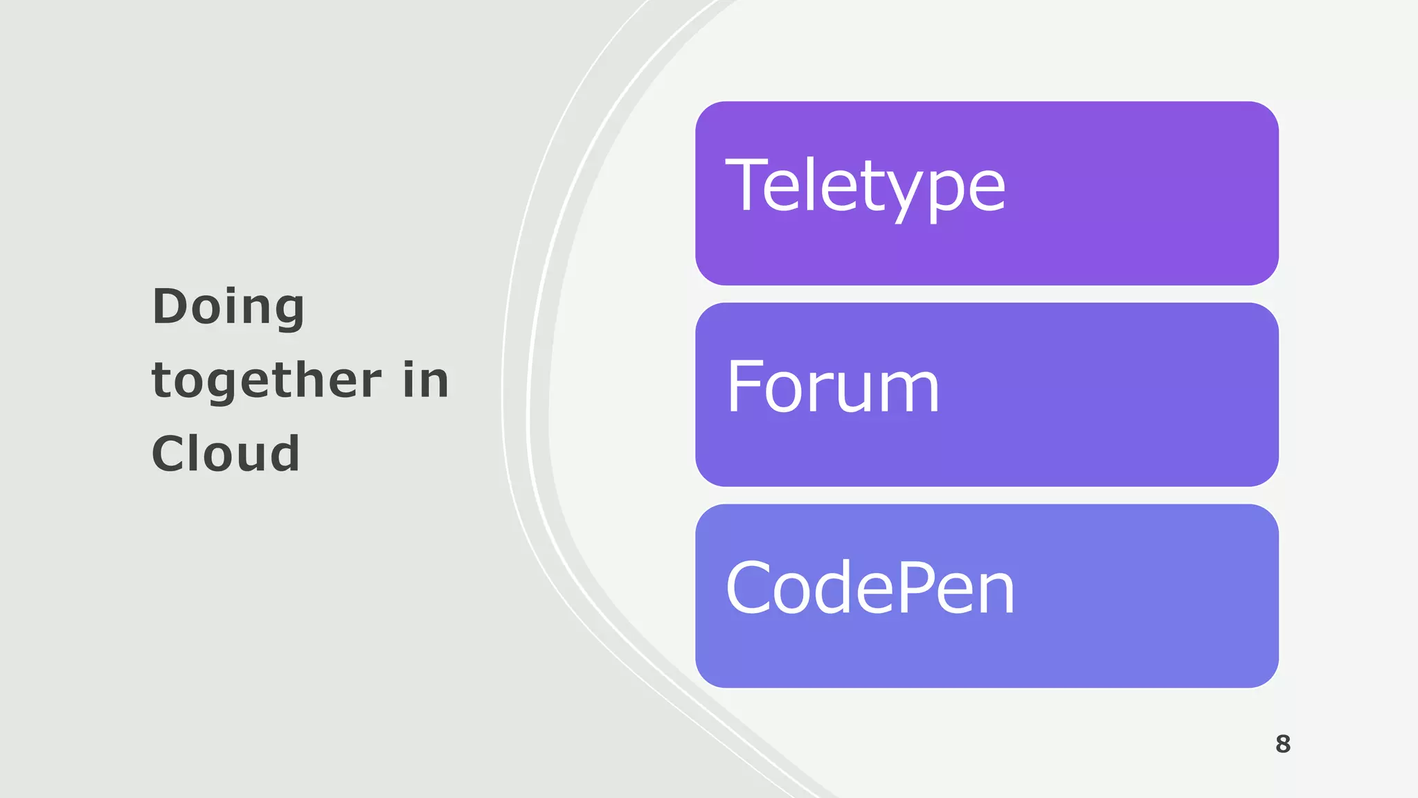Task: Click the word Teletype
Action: tap(865, 186)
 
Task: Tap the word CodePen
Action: tap(870, 588)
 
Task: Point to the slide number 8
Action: tap(1283, 744)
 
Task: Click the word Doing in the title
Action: tap(228, 307)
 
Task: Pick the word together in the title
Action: tap(267, 380)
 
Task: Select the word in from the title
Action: tap(427, 380)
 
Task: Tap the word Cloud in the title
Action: tap(226, 454)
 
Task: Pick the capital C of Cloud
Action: tap(169, 454)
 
